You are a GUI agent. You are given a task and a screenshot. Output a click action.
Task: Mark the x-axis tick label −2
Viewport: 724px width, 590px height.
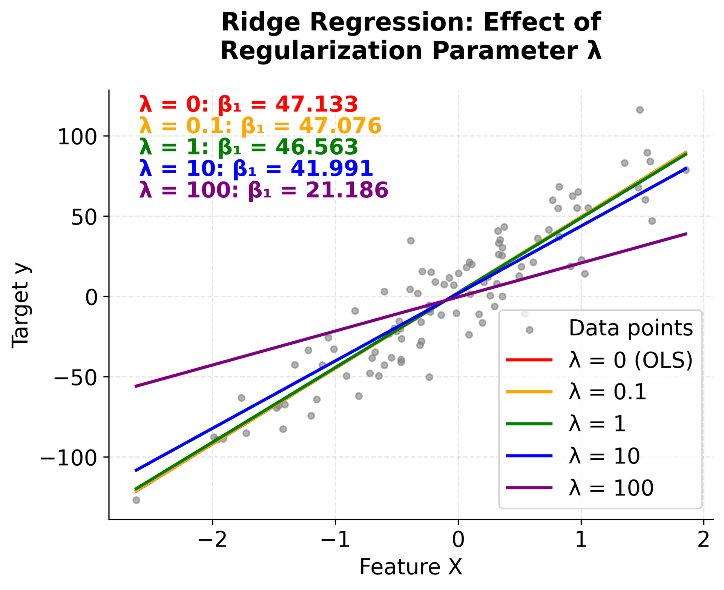212,541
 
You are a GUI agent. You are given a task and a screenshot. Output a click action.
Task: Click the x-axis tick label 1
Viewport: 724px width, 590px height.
581,541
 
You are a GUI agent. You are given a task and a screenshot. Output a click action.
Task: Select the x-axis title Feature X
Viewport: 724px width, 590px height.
411,567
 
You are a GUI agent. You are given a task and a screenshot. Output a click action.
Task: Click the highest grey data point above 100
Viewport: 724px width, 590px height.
640,110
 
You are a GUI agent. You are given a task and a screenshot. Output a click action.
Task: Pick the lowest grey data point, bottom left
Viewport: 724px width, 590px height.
136,500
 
